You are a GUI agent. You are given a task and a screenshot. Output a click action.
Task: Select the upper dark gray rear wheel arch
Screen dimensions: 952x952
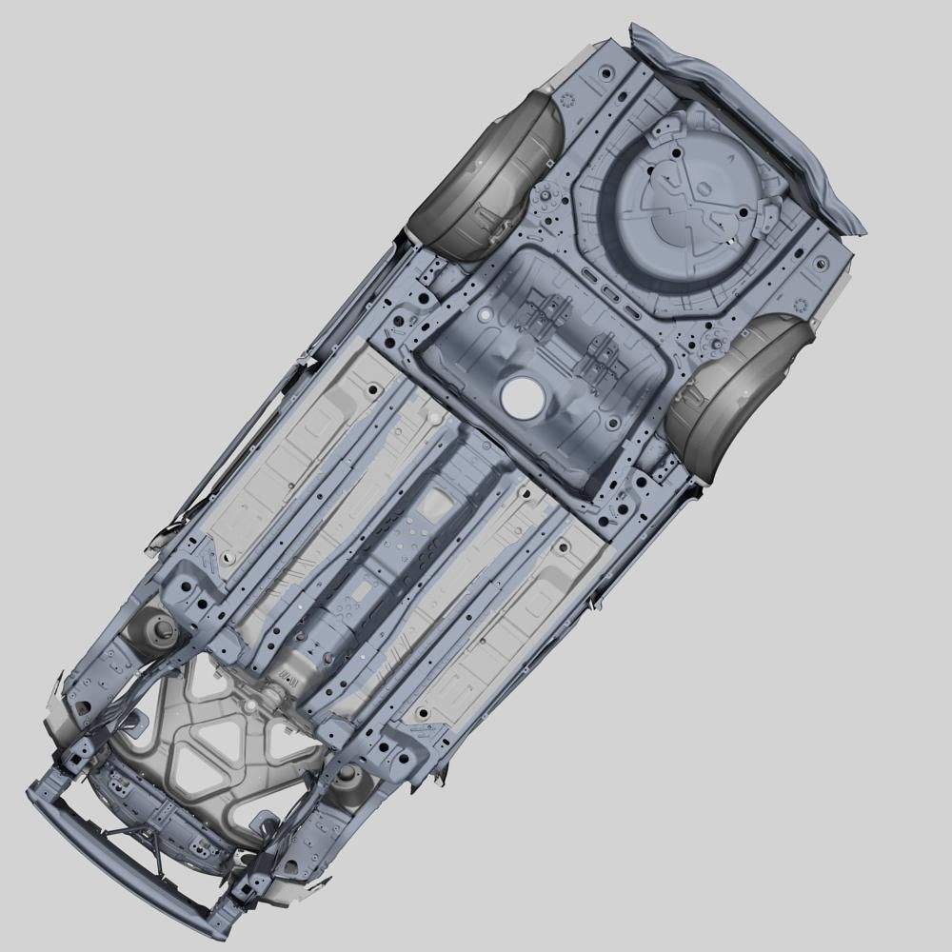(489, 176)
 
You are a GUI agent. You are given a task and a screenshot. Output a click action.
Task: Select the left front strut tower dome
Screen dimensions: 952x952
(157, 628)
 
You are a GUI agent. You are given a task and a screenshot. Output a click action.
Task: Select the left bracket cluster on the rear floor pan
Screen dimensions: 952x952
(543, 314)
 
